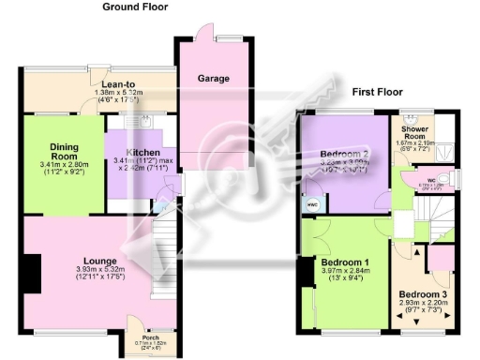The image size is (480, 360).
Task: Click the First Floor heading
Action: point(377,93)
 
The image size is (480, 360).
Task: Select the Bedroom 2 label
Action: point(341,154)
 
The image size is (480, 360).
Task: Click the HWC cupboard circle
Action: point(312,203)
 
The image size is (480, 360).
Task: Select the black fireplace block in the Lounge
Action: point(32,273)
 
